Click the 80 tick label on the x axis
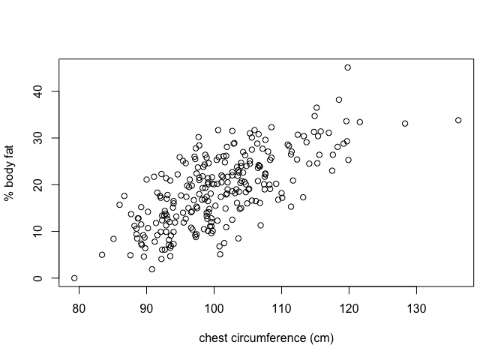[79, 308]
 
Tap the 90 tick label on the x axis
[146, 308]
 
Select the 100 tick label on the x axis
[214, 308]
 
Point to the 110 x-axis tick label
[282, 308]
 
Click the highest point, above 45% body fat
[348, 67]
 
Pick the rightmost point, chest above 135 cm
[458, 120]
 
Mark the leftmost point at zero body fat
[74, 278]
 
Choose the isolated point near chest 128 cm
[405, 124]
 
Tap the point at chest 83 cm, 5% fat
[102, 254]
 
